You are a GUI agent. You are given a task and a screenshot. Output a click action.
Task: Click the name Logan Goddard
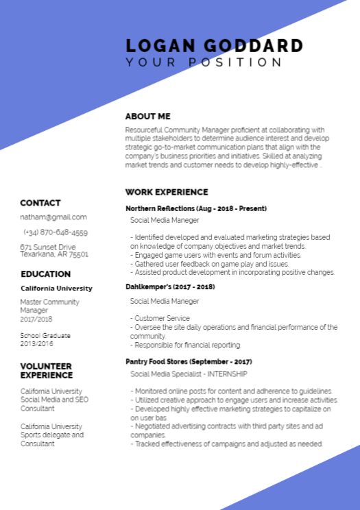[x=214, y=46]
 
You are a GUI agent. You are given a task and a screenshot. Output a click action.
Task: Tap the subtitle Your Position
[x=204, y=62]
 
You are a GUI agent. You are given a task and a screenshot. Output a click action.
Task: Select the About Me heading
[x=147, y=117]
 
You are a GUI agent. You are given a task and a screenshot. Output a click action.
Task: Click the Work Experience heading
[x=166, y=192]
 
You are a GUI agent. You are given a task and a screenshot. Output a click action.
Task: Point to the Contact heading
[x=40, y=203]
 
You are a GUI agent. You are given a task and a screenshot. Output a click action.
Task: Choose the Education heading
[x=45, y=274]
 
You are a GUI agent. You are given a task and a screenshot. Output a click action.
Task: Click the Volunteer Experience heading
[x=46, y=371]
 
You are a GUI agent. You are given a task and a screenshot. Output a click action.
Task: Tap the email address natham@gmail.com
[x=53, y=217]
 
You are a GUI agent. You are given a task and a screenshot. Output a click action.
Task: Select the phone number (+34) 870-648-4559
[x=56, y=232]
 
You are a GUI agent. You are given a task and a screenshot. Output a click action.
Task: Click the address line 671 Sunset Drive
[x=48, y=247]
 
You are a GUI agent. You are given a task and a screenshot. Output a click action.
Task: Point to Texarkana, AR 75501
[x=54, y=254]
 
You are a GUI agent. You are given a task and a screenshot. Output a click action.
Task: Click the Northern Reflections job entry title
[x=195, y=208]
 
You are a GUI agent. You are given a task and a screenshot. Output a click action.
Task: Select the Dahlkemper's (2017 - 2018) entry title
[x=169, y=287]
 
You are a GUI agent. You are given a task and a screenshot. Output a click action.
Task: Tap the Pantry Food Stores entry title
[x=189, y=361]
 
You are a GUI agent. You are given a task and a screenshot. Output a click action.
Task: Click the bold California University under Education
[x=56, y=289]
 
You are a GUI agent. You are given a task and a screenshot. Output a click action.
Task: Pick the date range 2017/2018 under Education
[x=36, y=319]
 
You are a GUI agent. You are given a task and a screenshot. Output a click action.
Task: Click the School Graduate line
[x=45, y=336]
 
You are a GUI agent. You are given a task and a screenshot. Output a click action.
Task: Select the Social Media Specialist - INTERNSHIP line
[x=189, y=374]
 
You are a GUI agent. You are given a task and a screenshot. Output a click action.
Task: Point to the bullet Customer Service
[x=160, y=319]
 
